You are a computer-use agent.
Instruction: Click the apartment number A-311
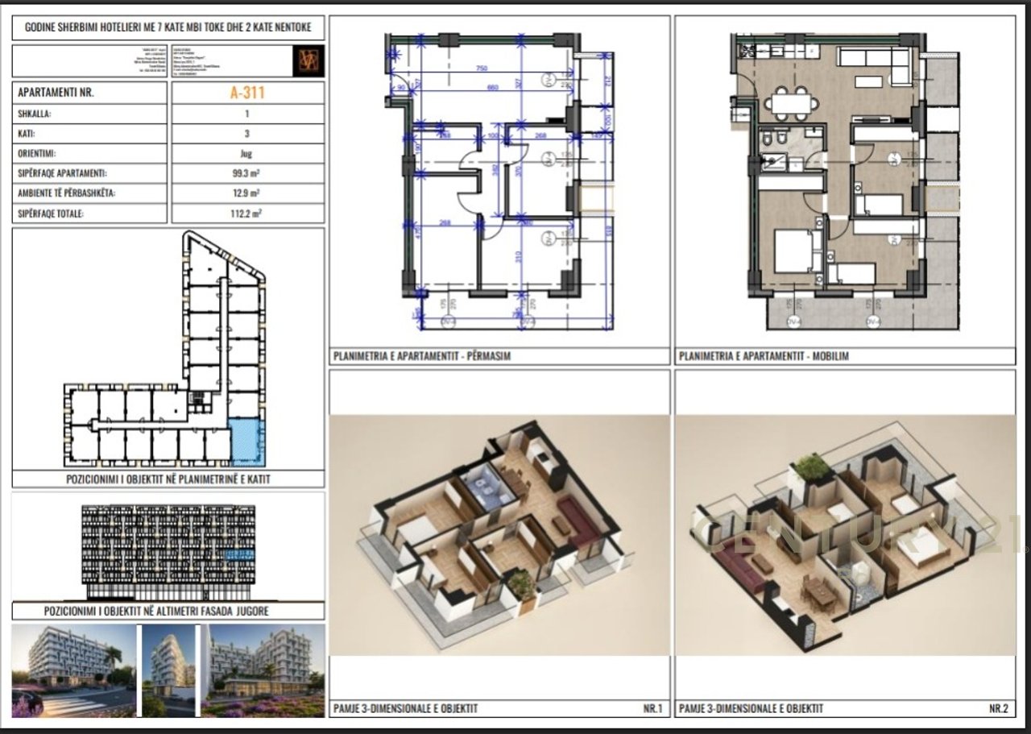click(247, 93)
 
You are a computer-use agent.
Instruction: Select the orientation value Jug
click(247, 153)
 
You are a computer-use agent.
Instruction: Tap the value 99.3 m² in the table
click(247, 173)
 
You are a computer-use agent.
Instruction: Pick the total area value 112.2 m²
click(247, 214)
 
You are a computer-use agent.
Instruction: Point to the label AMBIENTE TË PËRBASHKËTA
click(66, 193)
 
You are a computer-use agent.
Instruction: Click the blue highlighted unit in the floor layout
click(247, 442)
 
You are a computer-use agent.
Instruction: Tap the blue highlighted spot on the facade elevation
click(239, 554)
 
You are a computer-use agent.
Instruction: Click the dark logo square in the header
click(308, 61)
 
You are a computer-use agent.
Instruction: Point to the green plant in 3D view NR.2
click(812, 467)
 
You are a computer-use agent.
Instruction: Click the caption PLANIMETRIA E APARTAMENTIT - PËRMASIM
click(421, 355)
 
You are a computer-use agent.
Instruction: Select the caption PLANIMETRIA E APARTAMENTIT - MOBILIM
click(764, 355)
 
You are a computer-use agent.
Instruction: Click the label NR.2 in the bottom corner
click(998, 709)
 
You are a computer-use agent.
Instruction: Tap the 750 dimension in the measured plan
click(482, 68)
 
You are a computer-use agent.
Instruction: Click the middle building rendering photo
click(168, 670)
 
